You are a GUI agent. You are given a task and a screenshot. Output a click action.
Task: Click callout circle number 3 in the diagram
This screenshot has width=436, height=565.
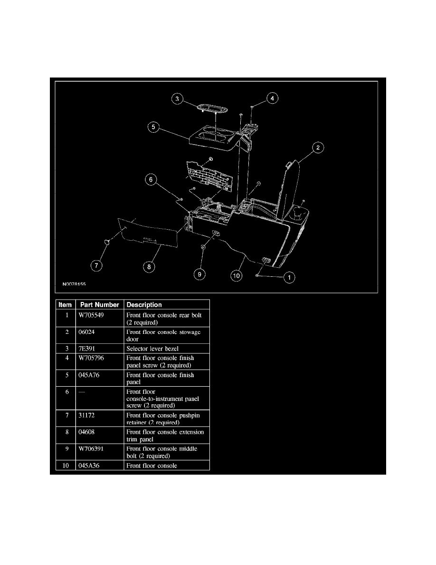click(177, 99)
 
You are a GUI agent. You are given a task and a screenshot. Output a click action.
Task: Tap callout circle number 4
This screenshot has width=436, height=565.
click(272, 98)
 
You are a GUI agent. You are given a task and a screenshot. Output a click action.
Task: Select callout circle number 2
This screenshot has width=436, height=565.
click(318, 147)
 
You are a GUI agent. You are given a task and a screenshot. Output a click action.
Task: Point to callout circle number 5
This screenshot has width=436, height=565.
click(153, 127)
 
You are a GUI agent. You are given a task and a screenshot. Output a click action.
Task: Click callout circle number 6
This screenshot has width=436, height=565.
click(151, 179)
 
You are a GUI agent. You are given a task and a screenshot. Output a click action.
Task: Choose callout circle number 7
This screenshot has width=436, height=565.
click(96, 266)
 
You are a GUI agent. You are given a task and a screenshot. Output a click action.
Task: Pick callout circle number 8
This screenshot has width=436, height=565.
click(149, 267)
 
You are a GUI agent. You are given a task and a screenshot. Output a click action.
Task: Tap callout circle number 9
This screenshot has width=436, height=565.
click(199, 274)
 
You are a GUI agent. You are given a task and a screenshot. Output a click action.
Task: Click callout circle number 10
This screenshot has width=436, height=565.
click(236, 276)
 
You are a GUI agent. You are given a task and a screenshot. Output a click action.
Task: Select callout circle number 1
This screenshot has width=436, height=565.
click(289, 277)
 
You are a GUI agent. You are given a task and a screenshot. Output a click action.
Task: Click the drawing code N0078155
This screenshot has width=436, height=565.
click(74, 284)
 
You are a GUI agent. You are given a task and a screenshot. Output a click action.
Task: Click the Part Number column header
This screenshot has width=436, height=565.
click(100, 304)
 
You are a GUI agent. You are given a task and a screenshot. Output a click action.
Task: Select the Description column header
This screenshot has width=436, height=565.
click(144, 304)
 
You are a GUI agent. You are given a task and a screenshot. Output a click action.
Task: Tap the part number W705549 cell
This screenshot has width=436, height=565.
click(91, 315)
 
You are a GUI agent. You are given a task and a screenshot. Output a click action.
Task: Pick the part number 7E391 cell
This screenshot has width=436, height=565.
click(87, 349)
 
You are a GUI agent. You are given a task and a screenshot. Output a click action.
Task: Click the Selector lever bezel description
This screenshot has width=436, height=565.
click(152, 349)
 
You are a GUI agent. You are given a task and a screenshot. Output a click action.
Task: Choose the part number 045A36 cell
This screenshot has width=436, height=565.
click(89, 466)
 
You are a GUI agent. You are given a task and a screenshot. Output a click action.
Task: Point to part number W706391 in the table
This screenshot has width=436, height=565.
click(91, 448)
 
